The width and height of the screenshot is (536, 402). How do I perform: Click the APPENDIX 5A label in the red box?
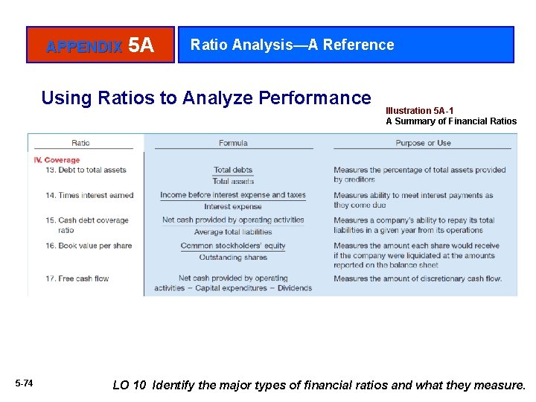click(x=100, y=46)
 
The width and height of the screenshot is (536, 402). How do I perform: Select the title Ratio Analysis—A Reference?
click(x=292, y=45)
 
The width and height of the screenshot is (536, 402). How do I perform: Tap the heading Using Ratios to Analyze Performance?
click(x=205, y=98)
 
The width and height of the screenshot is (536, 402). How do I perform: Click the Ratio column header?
click(x=80, y=143)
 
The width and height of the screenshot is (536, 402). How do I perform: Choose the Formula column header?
click(x=233, y=143)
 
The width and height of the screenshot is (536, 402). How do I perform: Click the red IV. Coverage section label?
click(x=57, y=160)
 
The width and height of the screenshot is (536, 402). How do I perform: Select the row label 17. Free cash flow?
click(x=77, y=278)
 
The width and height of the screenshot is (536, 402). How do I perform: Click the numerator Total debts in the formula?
click(x=233, y=170)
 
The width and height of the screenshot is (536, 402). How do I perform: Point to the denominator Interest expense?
click(x=233, y=207)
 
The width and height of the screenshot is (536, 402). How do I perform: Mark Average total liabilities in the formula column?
click(x=233, y=232)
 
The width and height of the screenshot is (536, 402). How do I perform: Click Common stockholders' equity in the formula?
click(x=233, y=246)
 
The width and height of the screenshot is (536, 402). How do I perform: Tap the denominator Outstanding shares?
click(x=233, y=258)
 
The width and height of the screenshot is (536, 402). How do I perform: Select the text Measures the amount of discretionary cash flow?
click(x=418, y=278)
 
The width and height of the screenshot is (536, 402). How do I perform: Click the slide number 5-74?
click(x=24, y=383)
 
